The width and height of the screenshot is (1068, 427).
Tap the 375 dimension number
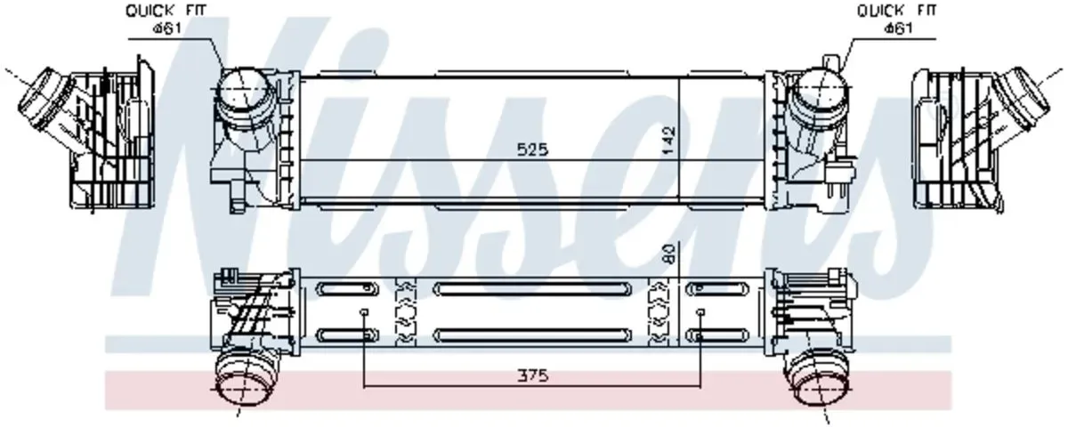pyautogui.click(x=534, y=376)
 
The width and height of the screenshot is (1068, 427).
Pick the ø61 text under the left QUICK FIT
pyautogui.click(x=168, y=28)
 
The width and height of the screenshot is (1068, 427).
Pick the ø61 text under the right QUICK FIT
pyautogui.click(x=897, y=28)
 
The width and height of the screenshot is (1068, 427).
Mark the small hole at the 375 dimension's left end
pyautogui.click(x=365, y=313)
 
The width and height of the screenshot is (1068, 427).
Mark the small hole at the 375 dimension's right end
pyautogui.click(x=701, y=313)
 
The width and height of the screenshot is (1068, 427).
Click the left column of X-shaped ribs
pyautogui.click(x=406, y=312)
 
